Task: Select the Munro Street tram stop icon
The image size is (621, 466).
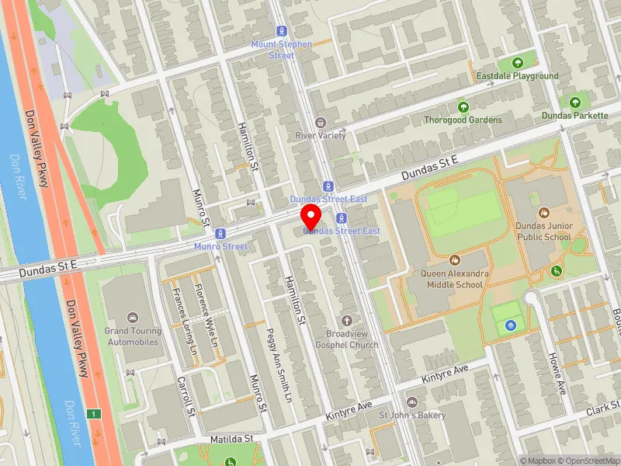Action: [x=221, y=233]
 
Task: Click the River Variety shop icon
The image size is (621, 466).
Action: [x=320, y=122]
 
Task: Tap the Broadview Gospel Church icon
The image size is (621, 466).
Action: [x=347, y=320]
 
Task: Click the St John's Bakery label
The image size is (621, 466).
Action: [x=412, y=415]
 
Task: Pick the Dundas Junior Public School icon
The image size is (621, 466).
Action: [x=543, y=212]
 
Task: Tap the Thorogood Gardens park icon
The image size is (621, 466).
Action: [x=463, y=106]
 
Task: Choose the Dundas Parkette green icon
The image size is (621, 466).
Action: [x=575, y=102]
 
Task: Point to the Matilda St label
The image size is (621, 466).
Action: [x=232, y=439]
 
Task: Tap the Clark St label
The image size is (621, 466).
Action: [x=602, y=409]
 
